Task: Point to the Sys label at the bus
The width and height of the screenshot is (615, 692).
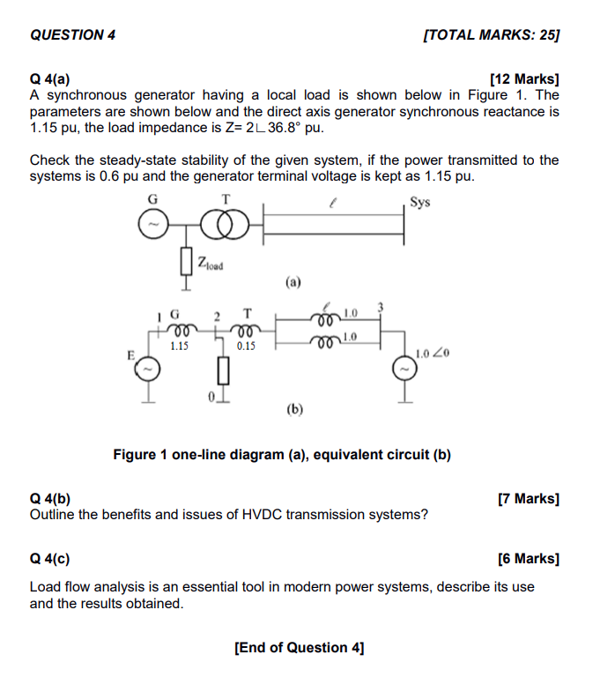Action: pyautogui.click(x=421, y=202)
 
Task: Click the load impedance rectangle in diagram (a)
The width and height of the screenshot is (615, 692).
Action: pyautogui.click(x=186, y=261)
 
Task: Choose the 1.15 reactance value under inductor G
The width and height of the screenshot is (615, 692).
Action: pyautogui.click(x=179, y=346)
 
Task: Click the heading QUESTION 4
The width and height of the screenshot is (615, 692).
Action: pyautogui.click(x=72, y=35)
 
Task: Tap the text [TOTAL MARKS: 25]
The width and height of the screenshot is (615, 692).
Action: pyautogui.click(x=492, y=35)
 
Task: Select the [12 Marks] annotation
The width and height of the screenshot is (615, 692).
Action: pyautogui.click(x=523, y=78)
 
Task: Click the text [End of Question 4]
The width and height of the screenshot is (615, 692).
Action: pyautogui.click(x=300, y=648)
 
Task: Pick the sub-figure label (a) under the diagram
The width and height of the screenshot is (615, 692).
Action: pyautogui.click(x=293, y=283)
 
